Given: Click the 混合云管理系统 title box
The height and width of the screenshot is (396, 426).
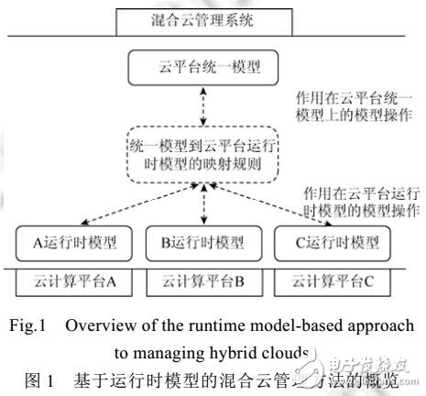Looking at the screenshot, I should click(212, 19).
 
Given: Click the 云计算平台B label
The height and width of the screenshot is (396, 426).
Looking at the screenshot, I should click(196, 280).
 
